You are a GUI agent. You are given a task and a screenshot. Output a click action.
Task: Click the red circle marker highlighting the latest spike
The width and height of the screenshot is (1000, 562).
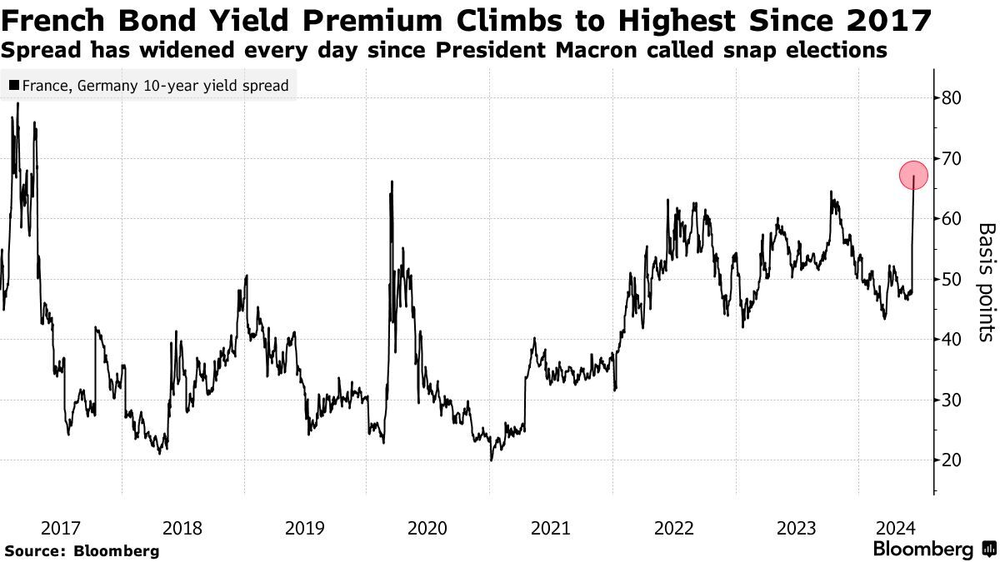(913, 175)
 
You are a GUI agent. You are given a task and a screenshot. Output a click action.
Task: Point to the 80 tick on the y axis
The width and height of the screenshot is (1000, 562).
(952, 98)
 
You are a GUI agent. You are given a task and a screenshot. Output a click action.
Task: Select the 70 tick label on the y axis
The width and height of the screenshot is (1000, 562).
(952, 158)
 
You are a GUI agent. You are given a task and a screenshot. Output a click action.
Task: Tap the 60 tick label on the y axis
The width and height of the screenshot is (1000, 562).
(952, 219)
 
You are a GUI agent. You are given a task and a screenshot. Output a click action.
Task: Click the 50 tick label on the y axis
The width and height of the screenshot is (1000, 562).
(952, 280)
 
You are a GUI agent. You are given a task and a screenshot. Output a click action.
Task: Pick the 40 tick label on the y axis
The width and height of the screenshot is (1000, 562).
(952, 340)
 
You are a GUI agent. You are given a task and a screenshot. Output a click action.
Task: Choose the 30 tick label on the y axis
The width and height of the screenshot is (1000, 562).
(952, 400)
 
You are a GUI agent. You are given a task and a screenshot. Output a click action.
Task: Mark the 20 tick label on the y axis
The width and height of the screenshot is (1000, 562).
(952, 460)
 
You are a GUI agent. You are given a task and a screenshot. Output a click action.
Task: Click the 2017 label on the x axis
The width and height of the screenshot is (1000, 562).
(61, 528)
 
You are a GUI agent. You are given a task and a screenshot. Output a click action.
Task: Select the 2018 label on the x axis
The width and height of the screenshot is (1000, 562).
(182, 528)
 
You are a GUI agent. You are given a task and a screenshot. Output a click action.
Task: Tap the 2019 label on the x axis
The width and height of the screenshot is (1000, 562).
(305, 528)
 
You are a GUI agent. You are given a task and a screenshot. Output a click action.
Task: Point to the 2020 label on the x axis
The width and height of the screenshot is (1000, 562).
(427, 528)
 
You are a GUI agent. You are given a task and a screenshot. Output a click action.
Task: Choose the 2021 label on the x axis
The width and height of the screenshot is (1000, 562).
(550, 528)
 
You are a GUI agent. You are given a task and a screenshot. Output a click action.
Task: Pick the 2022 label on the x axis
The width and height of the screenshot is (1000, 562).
(672, 528)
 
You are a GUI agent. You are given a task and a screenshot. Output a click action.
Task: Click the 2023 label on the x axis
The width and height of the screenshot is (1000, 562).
(795, 528)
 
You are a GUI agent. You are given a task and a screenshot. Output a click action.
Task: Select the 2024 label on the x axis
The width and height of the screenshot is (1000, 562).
(896, 528)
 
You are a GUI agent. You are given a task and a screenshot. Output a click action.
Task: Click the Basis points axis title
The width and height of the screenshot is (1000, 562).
(986, 281)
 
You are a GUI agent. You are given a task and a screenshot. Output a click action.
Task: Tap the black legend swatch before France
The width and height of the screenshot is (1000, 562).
(14, 85)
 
